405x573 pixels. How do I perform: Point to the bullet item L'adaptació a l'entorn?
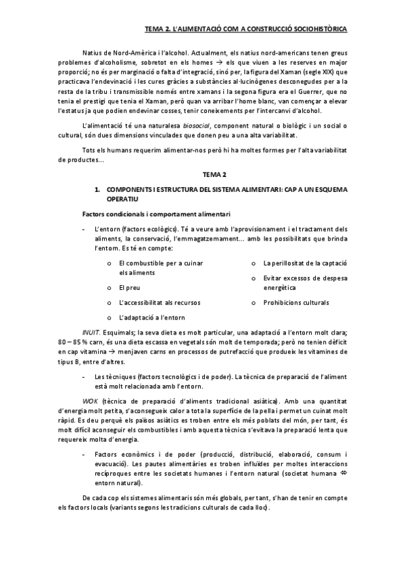click(152, 318)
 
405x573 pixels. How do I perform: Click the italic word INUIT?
click(90, 332)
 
